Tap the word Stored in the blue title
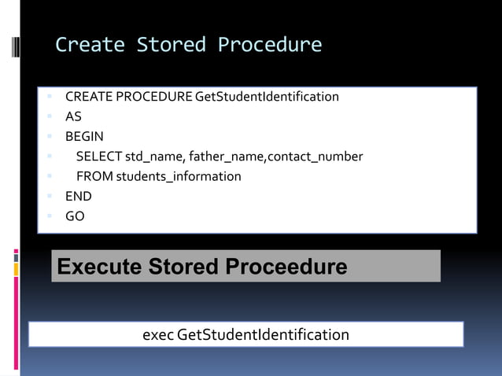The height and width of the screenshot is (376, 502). (x=171, y=45)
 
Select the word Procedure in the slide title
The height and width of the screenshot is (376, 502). (x=269, y=45)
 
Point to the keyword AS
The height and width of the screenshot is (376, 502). (x=73, y=116)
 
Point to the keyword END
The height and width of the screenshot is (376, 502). (x=78, y=196)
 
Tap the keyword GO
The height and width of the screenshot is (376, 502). (x=75, y=216)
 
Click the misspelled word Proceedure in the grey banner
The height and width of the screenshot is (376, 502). (x=286, y=267)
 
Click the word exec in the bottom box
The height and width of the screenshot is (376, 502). (x=158, y=335)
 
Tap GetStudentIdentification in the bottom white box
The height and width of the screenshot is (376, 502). (x=264, y=335)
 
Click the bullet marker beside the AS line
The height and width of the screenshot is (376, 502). (x=49, y=116)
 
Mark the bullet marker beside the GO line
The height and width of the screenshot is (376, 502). (x=49, y=216)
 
